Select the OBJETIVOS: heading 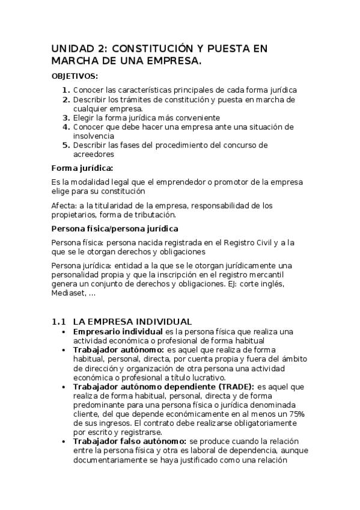[75, 76]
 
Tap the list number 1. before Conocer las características [66, 90]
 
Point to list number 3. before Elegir [66, 118]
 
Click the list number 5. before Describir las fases [66, 146]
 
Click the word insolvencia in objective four [94, 137]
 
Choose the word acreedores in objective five [94, 155]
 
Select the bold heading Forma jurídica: [82, 168]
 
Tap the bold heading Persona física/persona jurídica [115, 229]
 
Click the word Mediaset [69, 293]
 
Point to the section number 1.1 [58, 322]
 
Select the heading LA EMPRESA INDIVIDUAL [132, 322]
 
